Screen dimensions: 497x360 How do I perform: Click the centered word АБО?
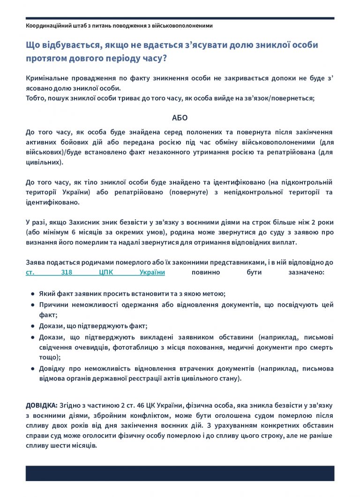tap(180, 118)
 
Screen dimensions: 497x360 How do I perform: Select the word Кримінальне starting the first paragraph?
tap(46, 78)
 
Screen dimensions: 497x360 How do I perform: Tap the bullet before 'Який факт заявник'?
tap(32, 294)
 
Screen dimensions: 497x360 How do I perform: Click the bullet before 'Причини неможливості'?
tap(32, 305)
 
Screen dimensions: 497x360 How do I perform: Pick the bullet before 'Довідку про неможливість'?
tap(32, 369)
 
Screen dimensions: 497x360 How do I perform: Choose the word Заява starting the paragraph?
tap(35, 262)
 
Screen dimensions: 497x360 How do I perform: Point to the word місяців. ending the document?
tap(84, 445)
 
